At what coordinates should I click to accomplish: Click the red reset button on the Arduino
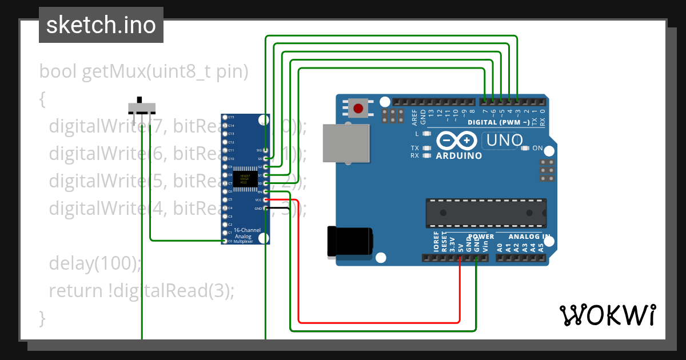click(x=358, y=108)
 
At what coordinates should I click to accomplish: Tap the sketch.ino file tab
click(x=101, y=25)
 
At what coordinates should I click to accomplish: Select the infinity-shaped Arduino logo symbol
click(x=456, y=141)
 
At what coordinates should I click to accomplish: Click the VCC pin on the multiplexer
click(x=266, y=200)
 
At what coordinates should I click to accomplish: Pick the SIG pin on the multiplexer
click(x=266, y=150)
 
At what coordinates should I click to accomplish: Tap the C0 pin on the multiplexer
click(x=224, y=241)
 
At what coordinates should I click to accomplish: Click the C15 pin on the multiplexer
click(x=224, y=117)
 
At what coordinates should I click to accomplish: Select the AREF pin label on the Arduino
click(x=414, y=117)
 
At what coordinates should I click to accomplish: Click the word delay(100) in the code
click(x=94, y=263)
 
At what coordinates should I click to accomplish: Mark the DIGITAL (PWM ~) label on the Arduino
click(x=498, y=122)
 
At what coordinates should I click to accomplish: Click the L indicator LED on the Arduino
click(x=426, y=134)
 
